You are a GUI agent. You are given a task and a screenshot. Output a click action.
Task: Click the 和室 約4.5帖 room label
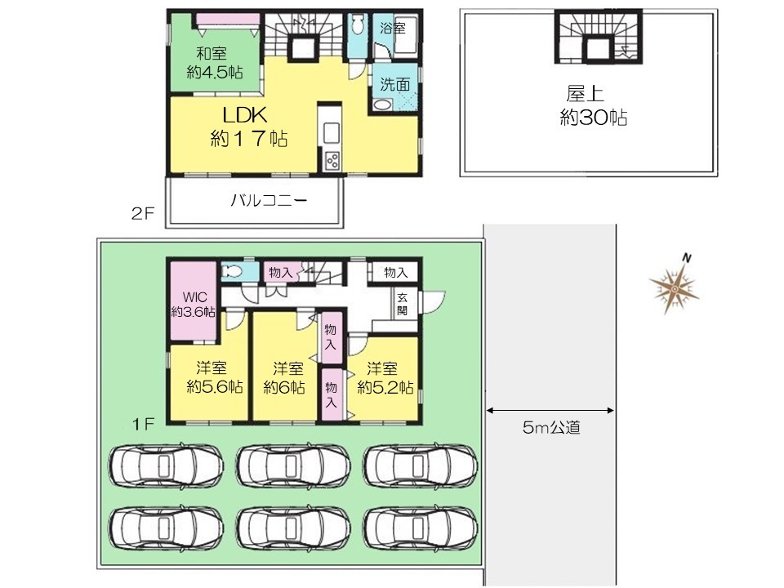[x=215, y=63]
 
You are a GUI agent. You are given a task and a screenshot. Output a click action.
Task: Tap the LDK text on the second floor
[x=245, y=115]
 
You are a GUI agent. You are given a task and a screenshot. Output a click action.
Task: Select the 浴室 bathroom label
[x=393, y=28]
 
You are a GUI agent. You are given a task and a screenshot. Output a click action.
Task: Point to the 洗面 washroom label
[x=394, y=84]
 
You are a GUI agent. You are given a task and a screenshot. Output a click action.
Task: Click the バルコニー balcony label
[x=269, y=201]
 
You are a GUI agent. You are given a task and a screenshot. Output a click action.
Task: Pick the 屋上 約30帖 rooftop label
[x=593, y=105]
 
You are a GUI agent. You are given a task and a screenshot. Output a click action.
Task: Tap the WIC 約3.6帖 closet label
[x=194, y=305]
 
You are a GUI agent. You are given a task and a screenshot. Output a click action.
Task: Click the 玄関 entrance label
[x=402, y=304]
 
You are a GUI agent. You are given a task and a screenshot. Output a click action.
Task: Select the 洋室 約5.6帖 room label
[x=215, y=377]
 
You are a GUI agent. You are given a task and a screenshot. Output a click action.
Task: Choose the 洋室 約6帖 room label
[x=284, y=377]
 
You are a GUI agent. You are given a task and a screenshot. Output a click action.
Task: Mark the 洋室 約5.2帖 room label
[x=385, y=377]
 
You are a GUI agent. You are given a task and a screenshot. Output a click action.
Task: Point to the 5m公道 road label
[x=551, y=427]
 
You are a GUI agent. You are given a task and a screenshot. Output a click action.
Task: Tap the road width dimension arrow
[x=550, y=411]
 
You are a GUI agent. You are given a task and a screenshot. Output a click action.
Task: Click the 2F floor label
[x=143, y=214]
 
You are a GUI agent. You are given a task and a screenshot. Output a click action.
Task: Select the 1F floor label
[x=142, y=425]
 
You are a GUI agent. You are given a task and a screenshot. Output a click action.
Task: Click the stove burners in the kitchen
[x=332, y=161]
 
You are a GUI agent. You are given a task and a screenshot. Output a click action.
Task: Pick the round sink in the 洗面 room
[x=382, y=105]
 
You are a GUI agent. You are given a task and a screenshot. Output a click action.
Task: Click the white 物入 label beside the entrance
[x=396, y=273]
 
